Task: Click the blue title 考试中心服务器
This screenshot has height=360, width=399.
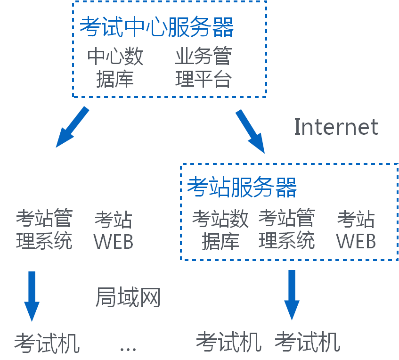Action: (157, 27)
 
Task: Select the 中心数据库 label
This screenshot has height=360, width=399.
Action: (115, 67)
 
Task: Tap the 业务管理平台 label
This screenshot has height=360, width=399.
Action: (203, 67)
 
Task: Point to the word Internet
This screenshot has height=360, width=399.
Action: (336, 127)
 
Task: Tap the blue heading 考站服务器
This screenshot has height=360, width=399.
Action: (242, 187)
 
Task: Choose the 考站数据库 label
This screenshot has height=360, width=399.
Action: (220, 230)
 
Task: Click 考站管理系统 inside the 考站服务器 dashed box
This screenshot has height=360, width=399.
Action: (286, 229)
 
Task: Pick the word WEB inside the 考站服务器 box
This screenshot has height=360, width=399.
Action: (356, 241)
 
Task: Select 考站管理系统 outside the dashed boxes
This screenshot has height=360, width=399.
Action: (44, 229)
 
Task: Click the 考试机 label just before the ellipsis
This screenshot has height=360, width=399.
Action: (47, 343)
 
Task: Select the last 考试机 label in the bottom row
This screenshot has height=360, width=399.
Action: (307, 342)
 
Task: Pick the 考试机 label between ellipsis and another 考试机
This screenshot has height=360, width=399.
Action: (228, 342)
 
